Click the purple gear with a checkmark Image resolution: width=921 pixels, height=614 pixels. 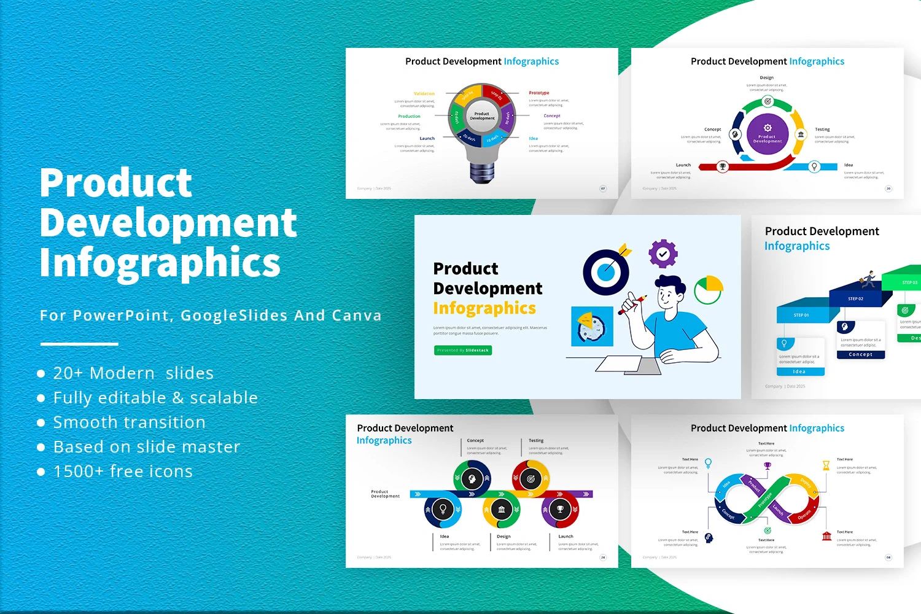pyautogui.click(x=663, y=254)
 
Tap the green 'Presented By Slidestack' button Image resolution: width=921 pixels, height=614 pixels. pyautogui.click(x=463, y=350)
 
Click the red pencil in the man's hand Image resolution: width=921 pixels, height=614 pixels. pyautogui.click(x=632, y=305)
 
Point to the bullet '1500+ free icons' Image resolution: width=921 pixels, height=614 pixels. pyautogui.click(x=123, y=472)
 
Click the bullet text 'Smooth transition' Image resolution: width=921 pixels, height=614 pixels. pyautogui.click(x=129, y=422)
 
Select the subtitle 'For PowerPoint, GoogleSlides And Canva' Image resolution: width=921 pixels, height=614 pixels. pyautogui.click(x=211, y=316)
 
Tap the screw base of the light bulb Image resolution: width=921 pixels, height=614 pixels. pyautogui.click(x=482, y=172)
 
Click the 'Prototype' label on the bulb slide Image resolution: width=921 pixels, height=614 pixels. pyautogui.click(x=539, y=93)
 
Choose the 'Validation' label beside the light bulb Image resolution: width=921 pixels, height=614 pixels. pyautogui.click(x=424, y=94)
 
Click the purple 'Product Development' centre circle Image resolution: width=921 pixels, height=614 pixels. pyautogui.click(x=767, y=134)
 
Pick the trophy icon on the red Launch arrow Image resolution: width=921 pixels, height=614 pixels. pyautogui.click(x=723, y=166)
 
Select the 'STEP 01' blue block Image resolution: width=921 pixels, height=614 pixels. pyautogui.click(x=802, y=314)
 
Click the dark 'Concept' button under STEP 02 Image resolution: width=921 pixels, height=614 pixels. pyautogui.click(x=860, y=354)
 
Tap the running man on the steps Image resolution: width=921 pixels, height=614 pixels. pyautogui.click(x=868, y=279)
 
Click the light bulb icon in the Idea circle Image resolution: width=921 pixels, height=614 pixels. pyautogui.click(x=443, y=509)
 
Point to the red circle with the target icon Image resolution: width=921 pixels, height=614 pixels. pyautogui.click(x=531, y=479)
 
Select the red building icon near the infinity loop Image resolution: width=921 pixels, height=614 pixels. pyautogui.click(x=826, y=536)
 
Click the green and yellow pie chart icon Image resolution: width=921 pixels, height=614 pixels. pyautogui.click(x=709, y=290)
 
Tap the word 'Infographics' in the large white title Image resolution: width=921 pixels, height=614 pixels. pyautogui.click(x=160, y=263)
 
